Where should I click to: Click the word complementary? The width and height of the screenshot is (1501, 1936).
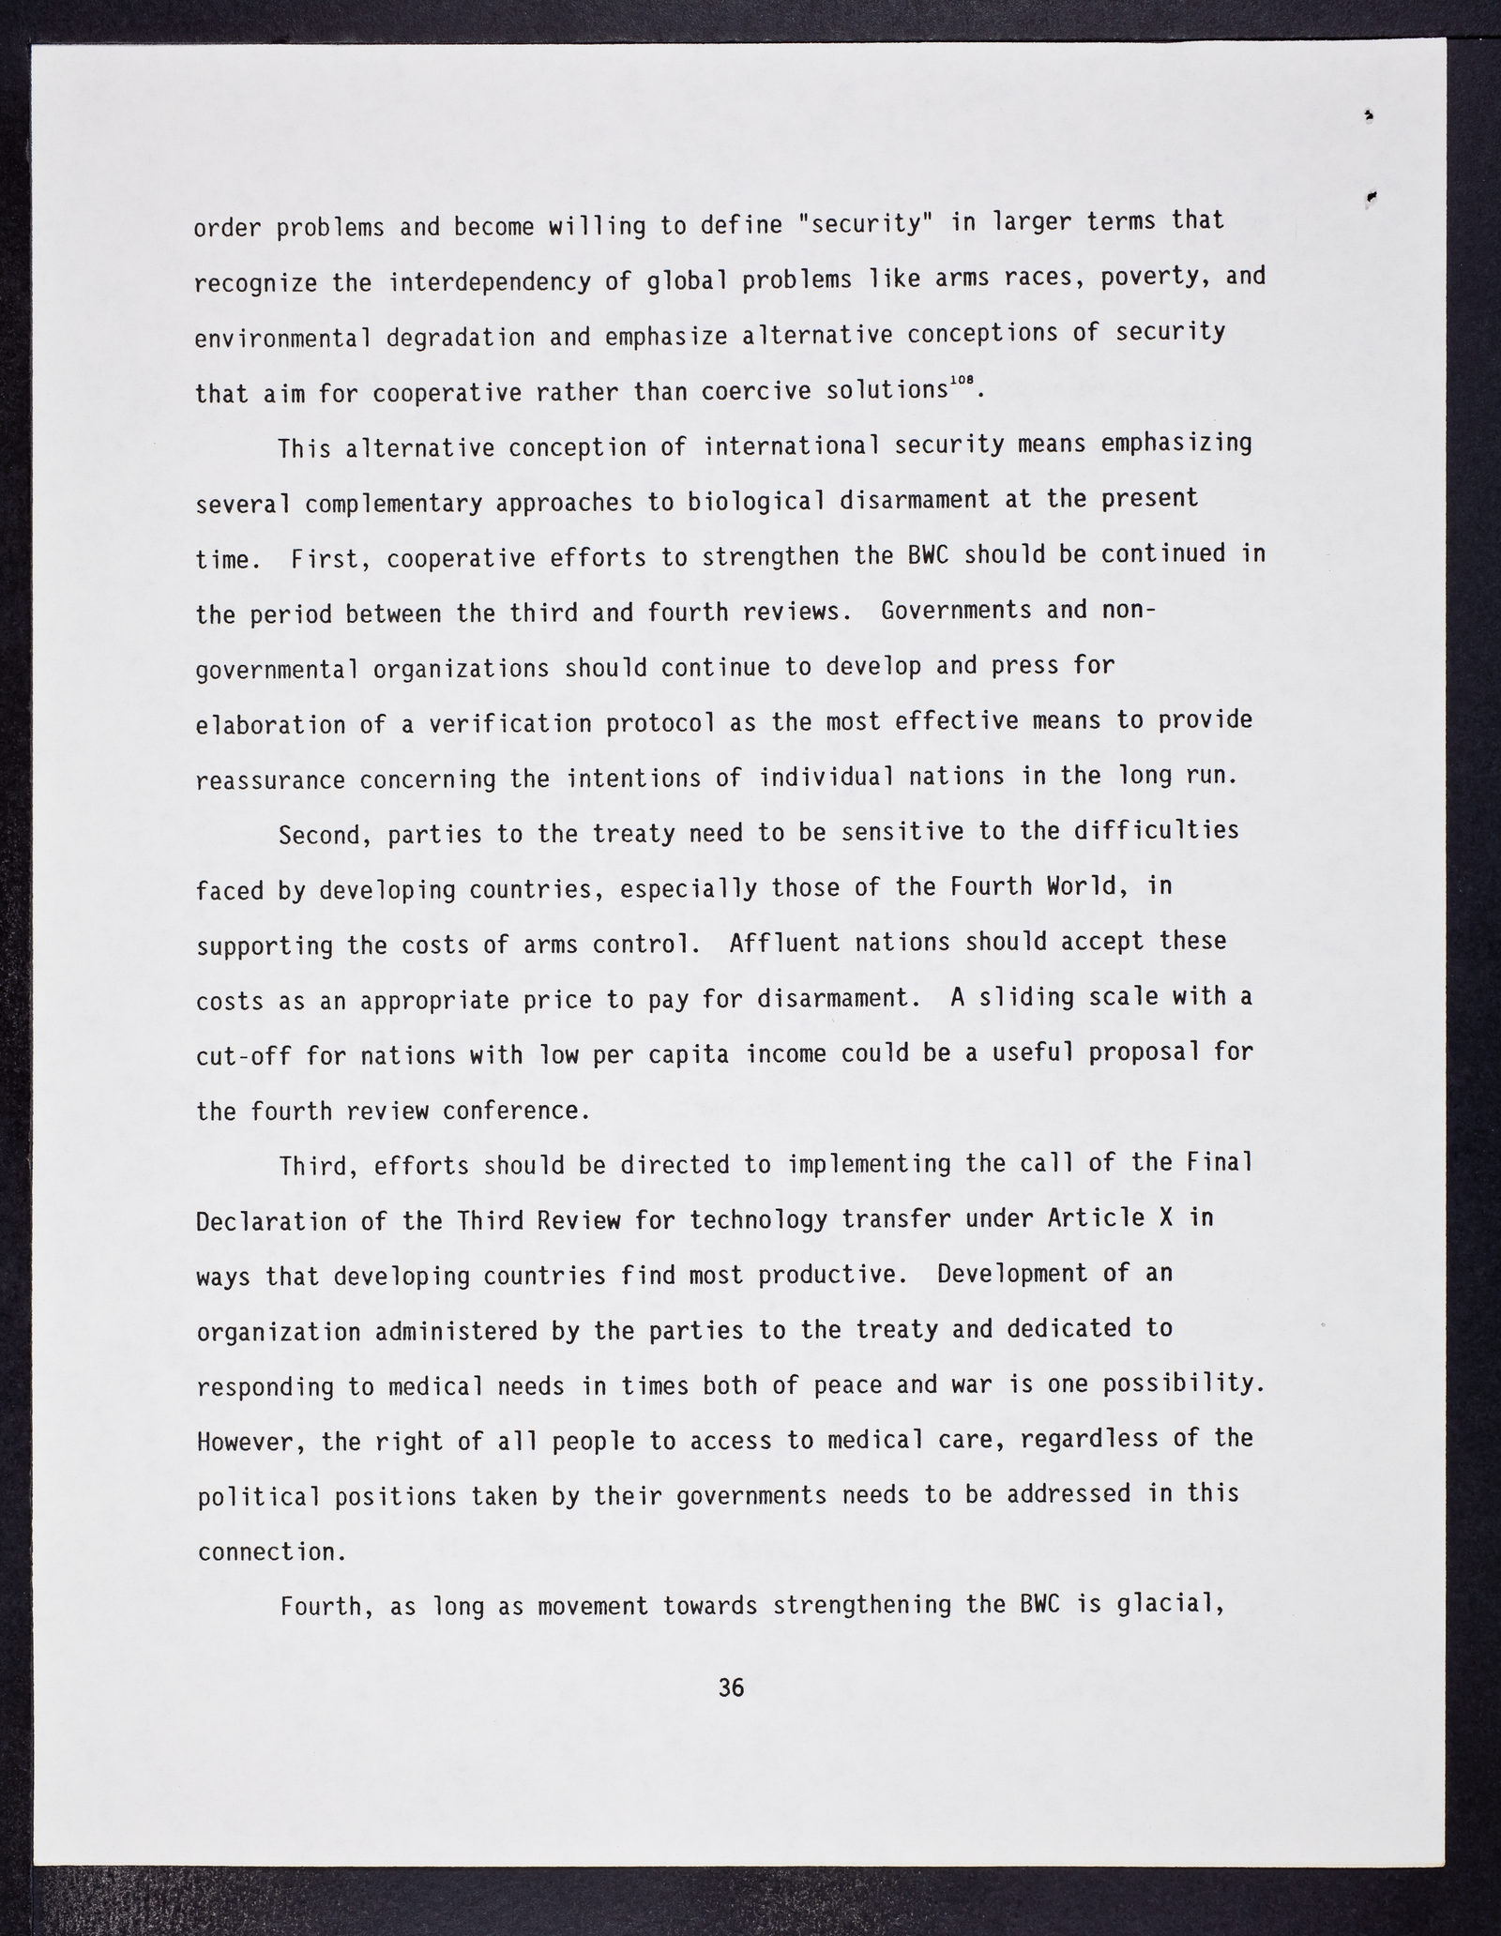pos(393,504)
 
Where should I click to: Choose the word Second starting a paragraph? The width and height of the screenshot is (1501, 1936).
pos(320,835)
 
